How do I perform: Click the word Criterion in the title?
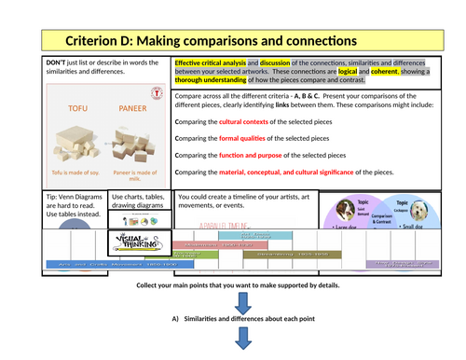[97, 41]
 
